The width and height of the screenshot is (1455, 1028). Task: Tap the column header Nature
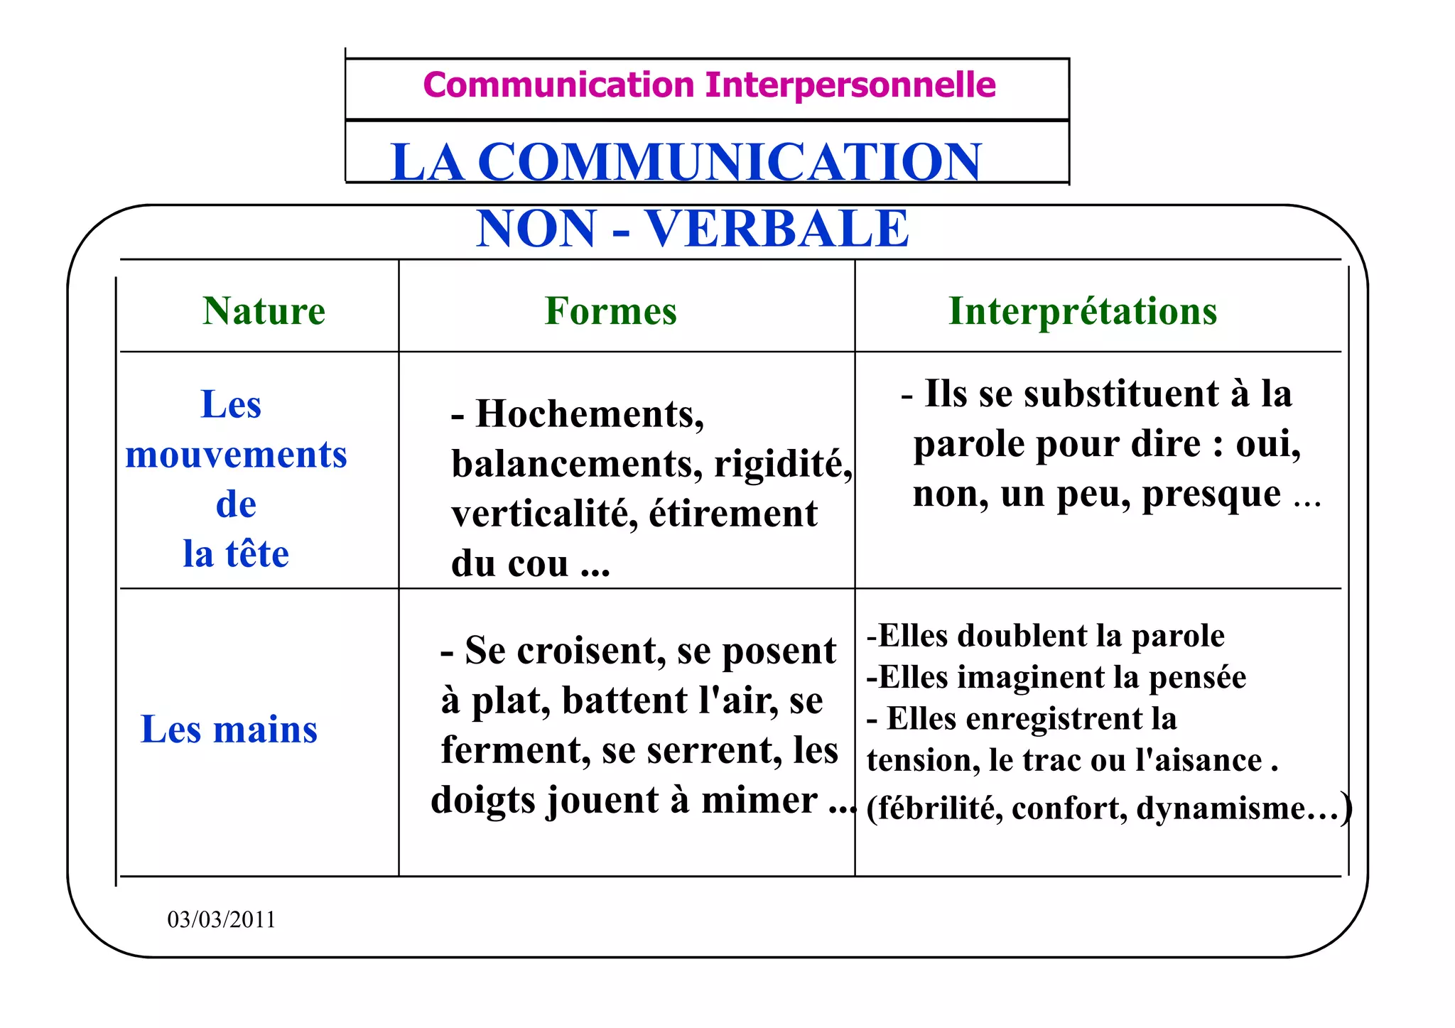pos(264,311)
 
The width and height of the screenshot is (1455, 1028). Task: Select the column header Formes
pos(610,311)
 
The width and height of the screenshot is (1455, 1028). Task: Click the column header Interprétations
pos(1083,311)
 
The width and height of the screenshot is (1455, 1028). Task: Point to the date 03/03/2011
pos(221,919)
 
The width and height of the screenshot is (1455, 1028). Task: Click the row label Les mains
pos(229,730)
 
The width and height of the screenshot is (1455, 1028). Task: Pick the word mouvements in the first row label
pos(236,455)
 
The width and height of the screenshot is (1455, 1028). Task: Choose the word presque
pos(1211,494)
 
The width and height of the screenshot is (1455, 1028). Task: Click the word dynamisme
pos(1221,808)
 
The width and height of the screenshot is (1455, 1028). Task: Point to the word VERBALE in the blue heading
pos(777,229)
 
